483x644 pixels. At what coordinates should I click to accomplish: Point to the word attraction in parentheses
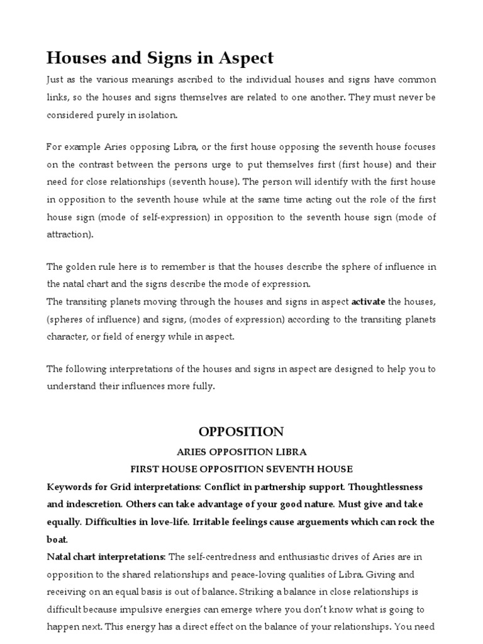[69, 234]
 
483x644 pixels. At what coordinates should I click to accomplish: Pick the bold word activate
[369, 302]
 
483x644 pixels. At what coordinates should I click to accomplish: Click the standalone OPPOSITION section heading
[241, 432]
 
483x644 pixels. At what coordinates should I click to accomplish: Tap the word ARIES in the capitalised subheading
[196, 452]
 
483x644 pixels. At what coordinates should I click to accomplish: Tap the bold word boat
[57, 540]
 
